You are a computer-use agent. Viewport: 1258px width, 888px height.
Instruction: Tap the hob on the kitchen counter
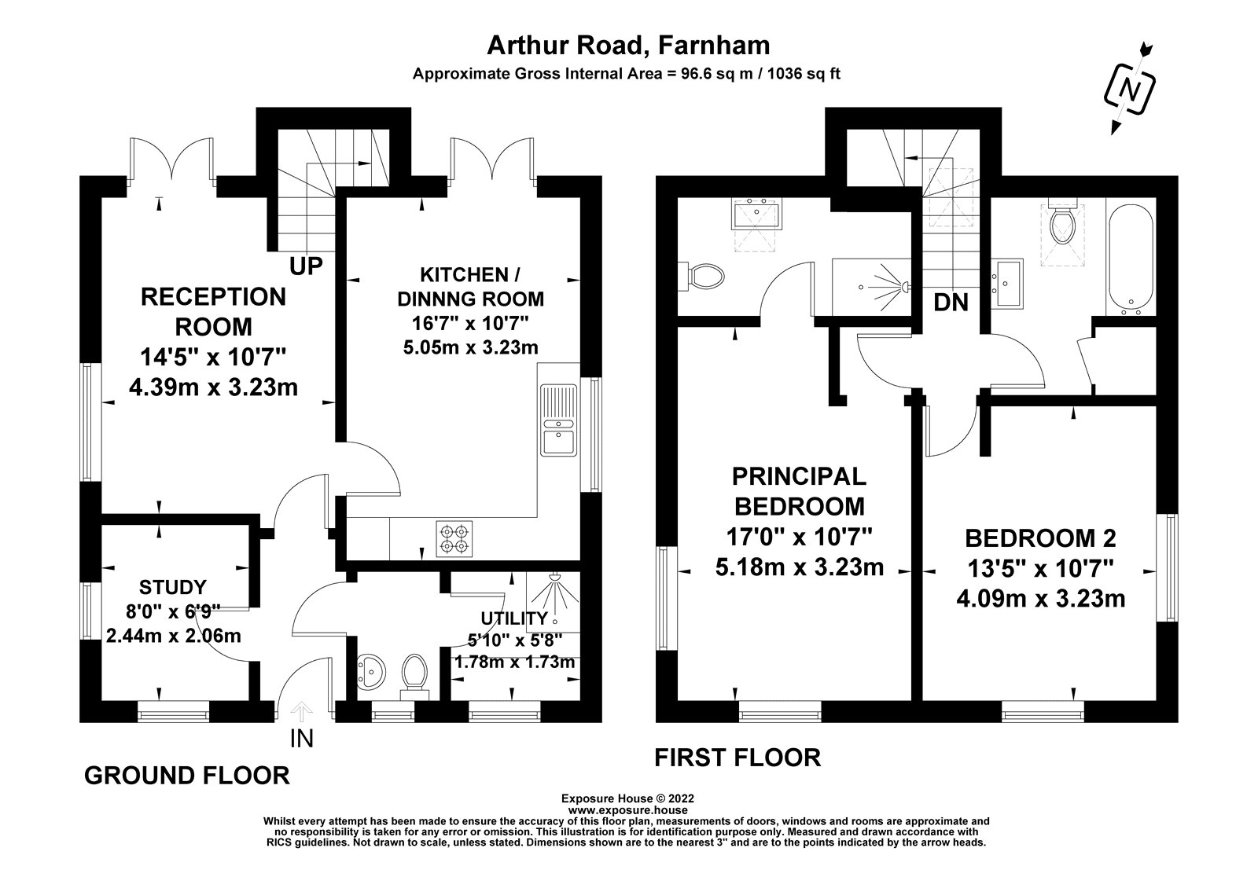(x=454, y=538)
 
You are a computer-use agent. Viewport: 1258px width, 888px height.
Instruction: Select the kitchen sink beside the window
(x=558, y=420)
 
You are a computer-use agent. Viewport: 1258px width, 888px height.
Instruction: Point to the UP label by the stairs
(x=306, y=266)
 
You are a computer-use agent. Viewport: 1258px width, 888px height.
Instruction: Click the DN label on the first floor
(x=951, y=303)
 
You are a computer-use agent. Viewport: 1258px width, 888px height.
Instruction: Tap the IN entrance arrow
(x=302, y=713)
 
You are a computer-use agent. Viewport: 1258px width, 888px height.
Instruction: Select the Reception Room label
(x=213, y=311)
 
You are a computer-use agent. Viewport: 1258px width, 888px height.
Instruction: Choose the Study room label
(x=173, y=587)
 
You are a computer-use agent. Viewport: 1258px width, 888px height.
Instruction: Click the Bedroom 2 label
(x=1041, y=538)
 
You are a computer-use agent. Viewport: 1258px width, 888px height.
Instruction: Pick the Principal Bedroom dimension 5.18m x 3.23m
(x=799, y=567)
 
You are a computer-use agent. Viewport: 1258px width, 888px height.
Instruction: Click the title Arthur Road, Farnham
(x=628, y=46)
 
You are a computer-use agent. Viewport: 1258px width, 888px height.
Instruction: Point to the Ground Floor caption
(x=187, y=775)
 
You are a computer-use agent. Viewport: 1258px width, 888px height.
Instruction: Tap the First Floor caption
(x=738, y=758)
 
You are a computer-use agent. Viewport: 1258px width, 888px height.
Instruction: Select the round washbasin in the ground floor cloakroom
(x=370, y=671)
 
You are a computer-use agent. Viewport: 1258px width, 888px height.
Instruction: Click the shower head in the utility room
(x=554, y=577)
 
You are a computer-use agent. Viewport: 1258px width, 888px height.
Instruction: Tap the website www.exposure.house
(x=628, y=810)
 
